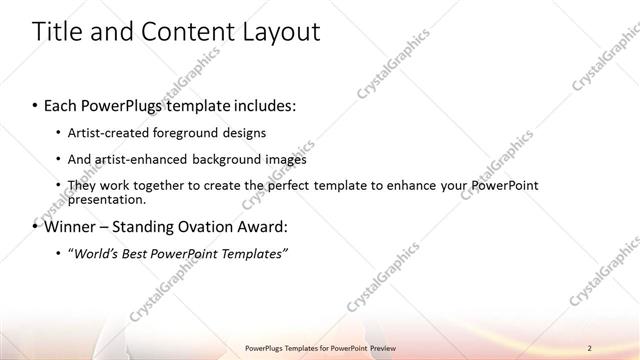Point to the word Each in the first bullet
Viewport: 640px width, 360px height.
pos(62,105)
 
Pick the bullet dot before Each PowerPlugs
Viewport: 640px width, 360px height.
pos(36,106)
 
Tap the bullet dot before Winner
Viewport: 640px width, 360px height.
pos(36,227)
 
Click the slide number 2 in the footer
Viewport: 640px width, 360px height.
pos(589,347)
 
